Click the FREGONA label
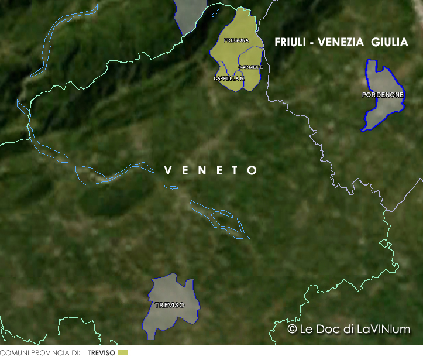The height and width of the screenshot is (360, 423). (236, 40)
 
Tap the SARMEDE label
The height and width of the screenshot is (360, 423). (250, 67)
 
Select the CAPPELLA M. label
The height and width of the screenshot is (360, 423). (229, 78)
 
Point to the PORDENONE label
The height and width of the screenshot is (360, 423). (383, 94)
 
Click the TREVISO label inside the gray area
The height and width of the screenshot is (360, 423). (170, 306)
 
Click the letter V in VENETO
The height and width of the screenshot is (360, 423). (168, 171)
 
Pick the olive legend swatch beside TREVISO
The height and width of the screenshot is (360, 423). (122, 353)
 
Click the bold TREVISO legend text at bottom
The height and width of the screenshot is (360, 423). (101, 353)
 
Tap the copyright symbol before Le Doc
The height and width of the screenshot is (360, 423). (292, 330)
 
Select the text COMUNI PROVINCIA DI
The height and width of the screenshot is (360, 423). (40, 353)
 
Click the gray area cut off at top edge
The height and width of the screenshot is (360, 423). (190, 15)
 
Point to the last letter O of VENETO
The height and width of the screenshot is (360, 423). (253, 171)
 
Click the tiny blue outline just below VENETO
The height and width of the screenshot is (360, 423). (171, 187)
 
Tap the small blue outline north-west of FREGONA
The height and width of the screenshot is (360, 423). (216, 12)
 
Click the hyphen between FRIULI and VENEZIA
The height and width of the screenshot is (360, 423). (313, 43)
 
